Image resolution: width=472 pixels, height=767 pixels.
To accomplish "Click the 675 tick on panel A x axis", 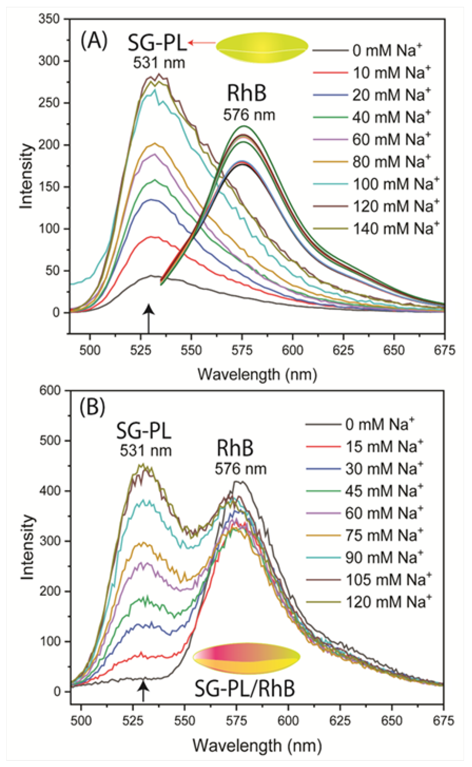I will pyautogui.click(x=444, y=350).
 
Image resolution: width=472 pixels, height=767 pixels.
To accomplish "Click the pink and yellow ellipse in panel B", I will pyautogui.click(x=247, y=658).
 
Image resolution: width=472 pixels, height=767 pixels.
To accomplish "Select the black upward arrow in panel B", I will pyautogui.click(x=143, y=691).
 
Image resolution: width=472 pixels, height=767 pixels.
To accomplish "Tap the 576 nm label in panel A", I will pyautogui.click(x=249, y=115).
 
